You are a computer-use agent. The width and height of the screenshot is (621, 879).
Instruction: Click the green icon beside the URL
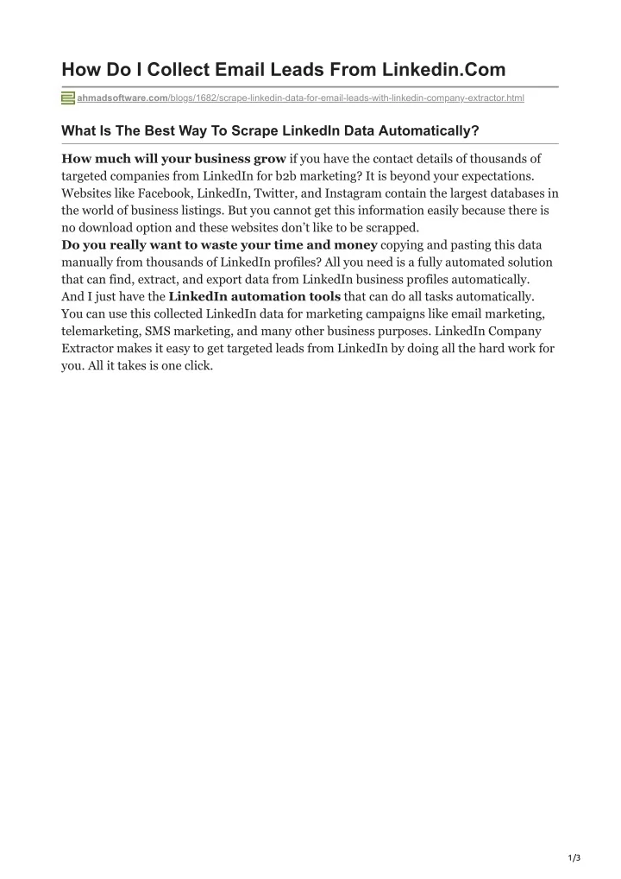pos(68,98)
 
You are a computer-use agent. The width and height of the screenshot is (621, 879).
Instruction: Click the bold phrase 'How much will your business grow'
pos(173,159)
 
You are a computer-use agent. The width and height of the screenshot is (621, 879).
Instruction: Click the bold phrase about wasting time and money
pos(219,244)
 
